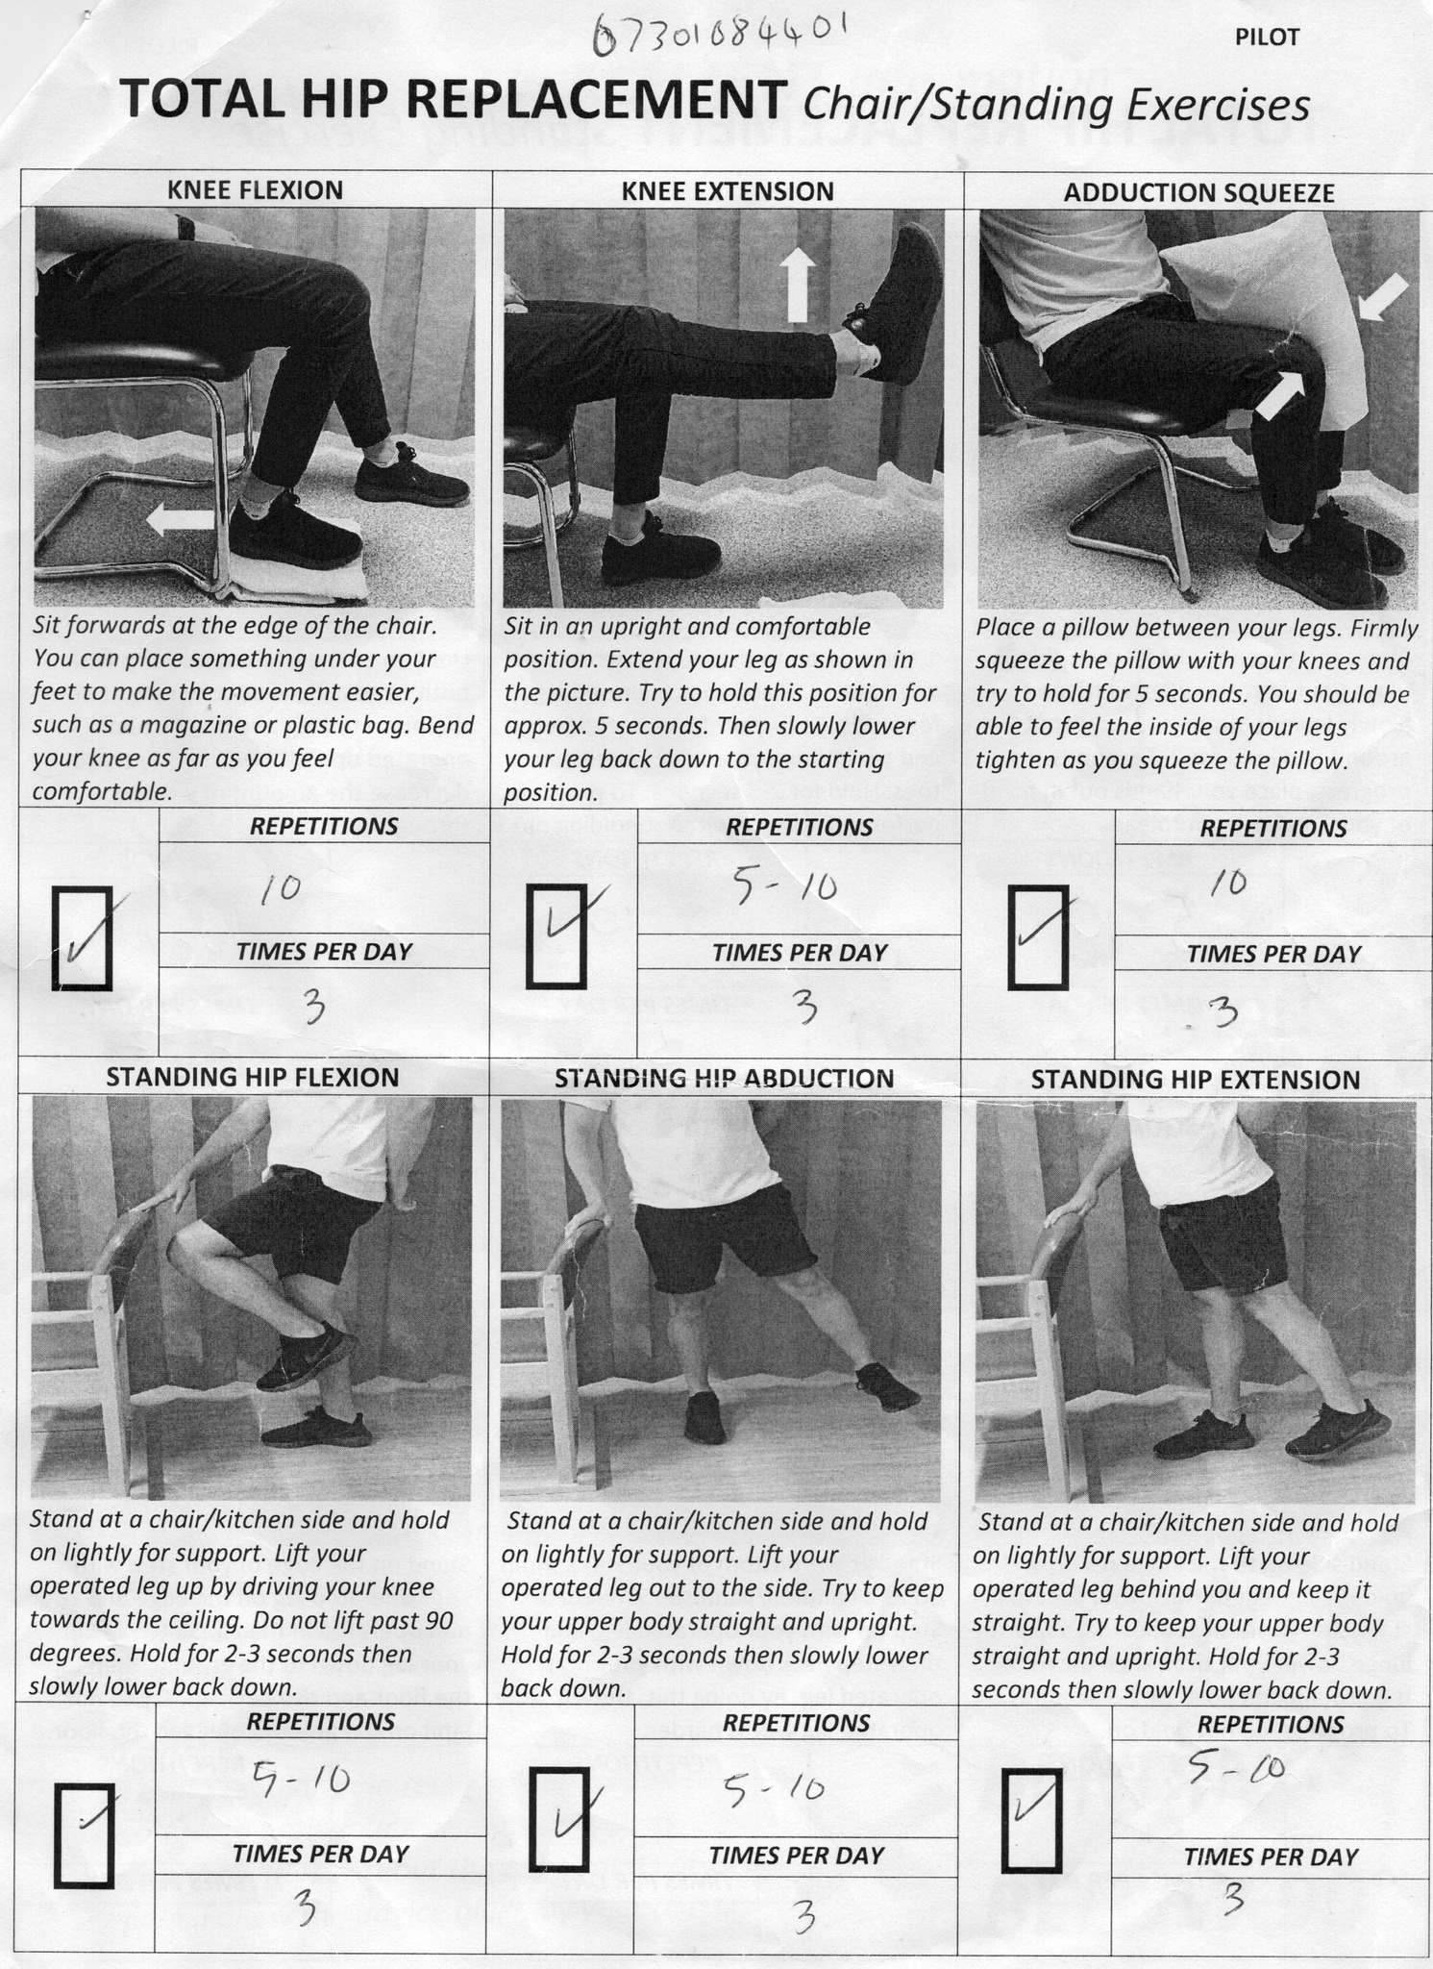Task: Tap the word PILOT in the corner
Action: (x=1266, y=37)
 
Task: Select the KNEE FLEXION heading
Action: (x=255, y=189)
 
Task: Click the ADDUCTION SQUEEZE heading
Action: (x=1198, y=192)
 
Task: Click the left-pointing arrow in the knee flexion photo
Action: (x=181, y=520)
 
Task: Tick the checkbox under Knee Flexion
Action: (x=82, y=938)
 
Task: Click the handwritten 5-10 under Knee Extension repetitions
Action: (x=784, y=889)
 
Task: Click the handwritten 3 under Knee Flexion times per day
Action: (x=312, y=1009)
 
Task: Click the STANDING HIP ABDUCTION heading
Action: (x=724, y=1078)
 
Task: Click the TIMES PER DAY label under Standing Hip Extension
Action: (x=1271, y=1857)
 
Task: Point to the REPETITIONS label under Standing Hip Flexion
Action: (x=321, y=1721)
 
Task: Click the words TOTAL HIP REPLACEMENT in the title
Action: (x=453, y=97)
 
